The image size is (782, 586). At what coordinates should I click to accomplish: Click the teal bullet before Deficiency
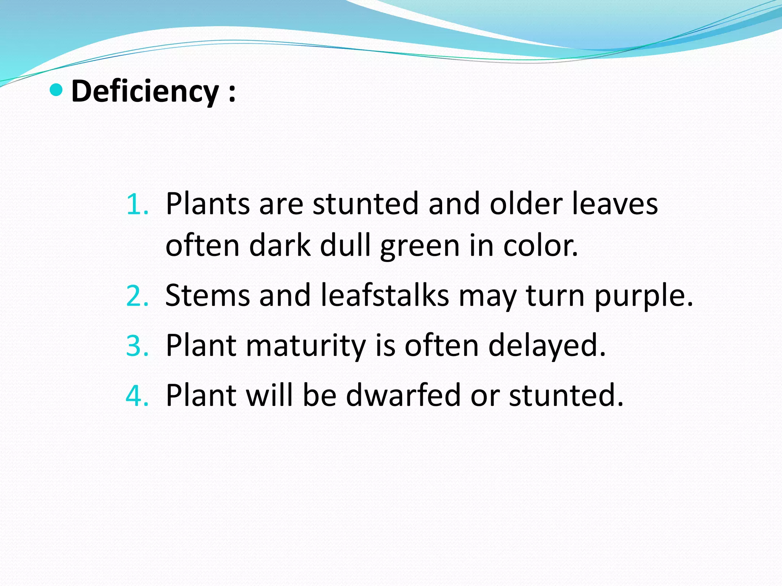[x=56, y=90]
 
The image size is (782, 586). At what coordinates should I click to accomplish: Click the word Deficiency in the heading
[x=145, y=92]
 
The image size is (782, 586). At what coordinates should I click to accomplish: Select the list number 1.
[x=137, y=205]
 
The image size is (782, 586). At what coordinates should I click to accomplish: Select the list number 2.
[x=137, y=296]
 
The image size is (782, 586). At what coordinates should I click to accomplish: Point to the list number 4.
[x=137, y=396]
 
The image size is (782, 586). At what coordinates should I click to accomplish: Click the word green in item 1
[x=420, y=246]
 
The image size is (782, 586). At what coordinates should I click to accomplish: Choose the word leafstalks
[x=385, y=295]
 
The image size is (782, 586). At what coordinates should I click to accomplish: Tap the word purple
[x=643, y=297]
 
